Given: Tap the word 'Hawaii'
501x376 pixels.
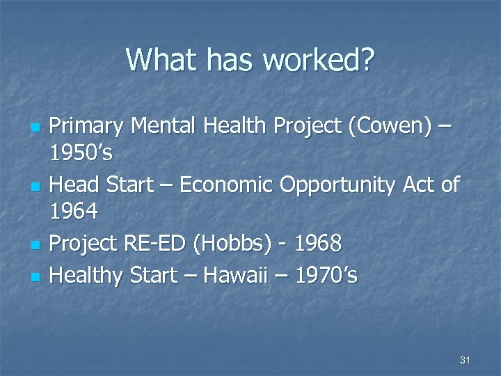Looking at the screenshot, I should point(247,276).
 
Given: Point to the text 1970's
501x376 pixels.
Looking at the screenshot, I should point(326,276).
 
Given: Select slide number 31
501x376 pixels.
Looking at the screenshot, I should point(466,360).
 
